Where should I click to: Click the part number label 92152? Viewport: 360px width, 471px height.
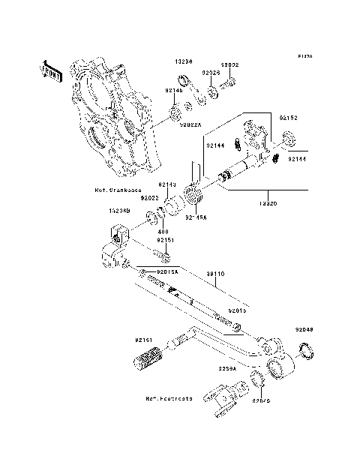coord(289,118)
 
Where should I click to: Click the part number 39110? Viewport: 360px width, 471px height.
coord(215,274)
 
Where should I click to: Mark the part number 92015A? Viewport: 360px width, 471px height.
coord(166,271)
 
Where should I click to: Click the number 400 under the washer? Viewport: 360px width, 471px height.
coord(160,232)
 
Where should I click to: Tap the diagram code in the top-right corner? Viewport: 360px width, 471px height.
coord(304,55)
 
